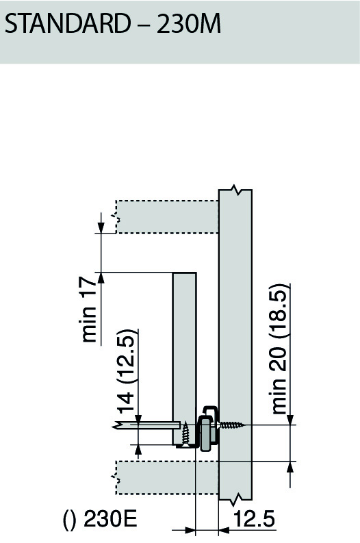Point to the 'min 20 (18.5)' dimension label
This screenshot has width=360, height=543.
coord(279,349)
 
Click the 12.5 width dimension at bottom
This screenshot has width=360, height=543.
coord(254,520)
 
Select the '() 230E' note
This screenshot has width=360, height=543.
coord(100,520)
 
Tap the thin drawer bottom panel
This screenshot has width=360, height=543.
coord(147,425)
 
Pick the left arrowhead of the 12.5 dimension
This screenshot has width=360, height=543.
coord(190,529)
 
